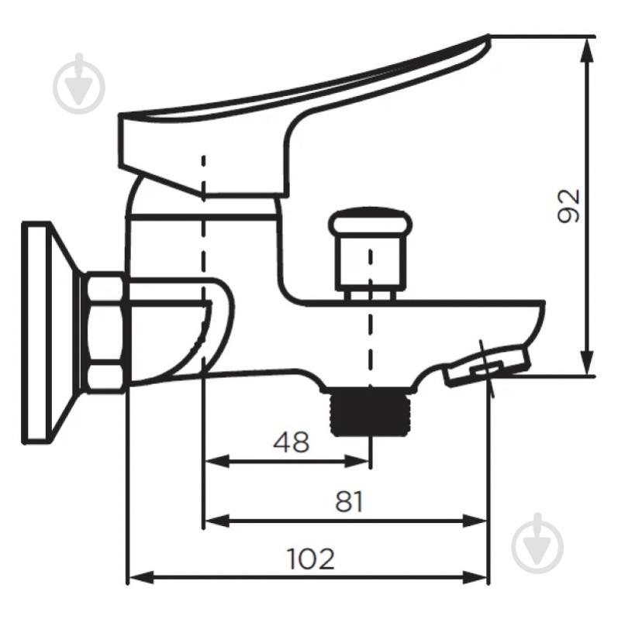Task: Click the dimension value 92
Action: click(x=568, y=206)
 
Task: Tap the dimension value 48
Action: click(x=292, y=442)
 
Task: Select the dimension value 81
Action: click(x=348, y=501)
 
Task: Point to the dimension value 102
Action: click(x=311, y=559)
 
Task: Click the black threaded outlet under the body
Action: click(x=370, y=412)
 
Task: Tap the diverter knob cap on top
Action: click(x=370, y=221)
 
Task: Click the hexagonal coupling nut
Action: click(x=105, y=332)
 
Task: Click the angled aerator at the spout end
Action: click(x=487, y=365)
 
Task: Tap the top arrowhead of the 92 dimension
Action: click(x=588, y=50)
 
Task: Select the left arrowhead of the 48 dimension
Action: click(x=217, y=461)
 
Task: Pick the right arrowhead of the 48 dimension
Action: click(x=357, y=461)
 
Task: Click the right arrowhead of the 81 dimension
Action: click(x=475, y=521)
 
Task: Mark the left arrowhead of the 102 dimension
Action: click(x=141, y=578)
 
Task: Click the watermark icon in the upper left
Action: click(x=79, y=84)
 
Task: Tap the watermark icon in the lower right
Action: click(x=537, y=543)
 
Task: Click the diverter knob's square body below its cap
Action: click(x=370, y=263)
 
